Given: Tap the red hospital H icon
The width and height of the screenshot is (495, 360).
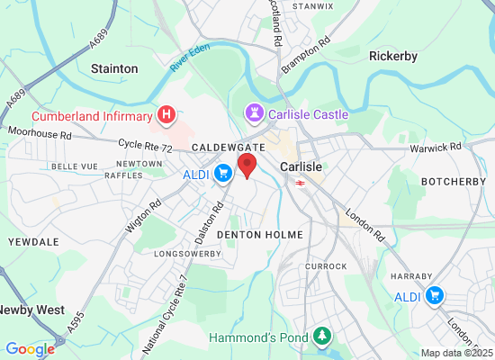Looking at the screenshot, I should (166, 114).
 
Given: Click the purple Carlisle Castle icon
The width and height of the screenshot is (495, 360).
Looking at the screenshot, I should (252, 114).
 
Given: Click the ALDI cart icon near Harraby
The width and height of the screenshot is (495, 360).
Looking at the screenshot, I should (436, 295).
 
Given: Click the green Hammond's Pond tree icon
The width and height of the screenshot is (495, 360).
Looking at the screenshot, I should (321, 337).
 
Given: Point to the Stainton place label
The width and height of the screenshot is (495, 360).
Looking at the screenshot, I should (114, 68).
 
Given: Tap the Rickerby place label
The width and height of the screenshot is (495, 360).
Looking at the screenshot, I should (393, 56).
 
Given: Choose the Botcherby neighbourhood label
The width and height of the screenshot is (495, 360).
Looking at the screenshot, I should (447, 181).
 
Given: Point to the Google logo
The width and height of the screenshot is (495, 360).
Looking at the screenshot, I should (30, 349).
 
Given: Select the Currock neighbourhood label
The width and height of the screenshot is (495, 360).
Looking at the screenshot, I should (325, 266).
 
